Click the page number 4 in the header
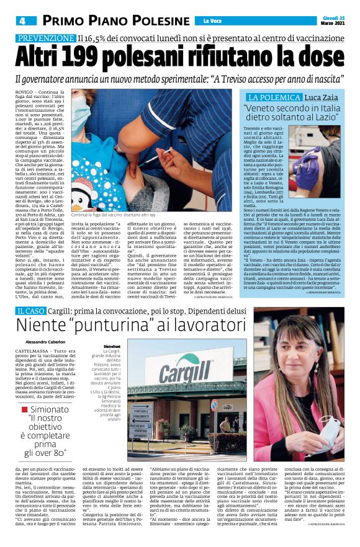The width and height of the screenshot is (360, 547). coord(22,21)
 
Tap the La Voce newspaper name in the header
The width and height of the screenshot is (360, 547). coord(212,22)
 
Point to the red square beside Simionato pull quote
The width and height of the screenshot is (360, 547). coord(24,410)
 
